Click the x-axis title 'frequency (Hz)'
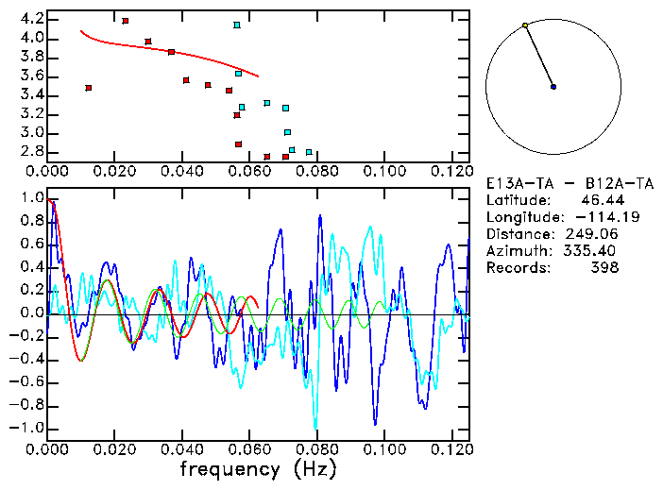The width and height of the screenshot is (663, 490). (x=258, y=468)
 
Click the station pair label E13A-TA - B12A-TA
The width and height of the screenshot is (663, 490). (x=553, y=182)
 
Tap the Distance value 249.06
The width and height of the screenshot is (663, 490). (x=592, y=233)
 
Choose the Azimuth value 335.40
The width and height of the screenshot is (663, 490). (x=592, y=250)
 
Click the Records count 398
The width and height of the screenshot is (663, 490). (x=605, y=267)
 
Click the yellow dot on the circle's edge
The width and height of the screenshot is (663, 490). (x=525, y=25)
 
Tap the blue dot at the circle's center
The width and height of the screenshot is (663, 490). (x=553, y=87)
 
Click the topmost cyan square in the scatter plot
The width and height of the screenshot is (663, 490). (x=237, y=25)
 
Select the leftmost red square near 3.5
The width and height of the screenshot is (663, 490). (x=89, y=88)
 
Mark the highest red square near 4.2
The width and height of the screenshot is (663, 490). (x=126, y=21)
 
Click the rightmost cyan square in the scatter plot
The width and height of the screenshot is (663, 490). (x=309, y=152)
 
